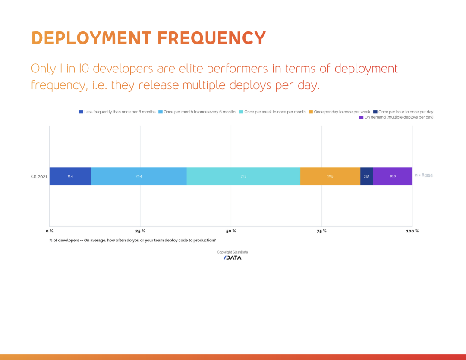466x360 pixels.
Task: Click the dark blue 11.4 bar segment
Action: point(70,176)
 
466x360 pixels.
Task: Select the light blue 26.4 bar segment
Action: point(139,176)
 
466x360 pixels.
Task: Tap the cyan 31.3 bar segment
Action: point(243,176)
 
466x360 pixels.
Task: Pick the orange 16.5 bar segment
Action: point(330,176)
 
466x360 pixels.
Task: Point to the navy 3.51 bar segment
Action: point(366,176)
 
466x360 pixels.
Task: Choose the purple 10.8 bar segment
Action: point(393,176)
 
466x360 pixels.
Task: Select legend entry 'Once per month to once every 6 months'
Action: point(200,112)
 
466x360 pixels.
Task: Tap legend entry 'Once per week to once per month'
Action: point(275,112)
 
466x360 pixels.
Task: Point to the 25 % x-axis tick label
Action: point(140,231)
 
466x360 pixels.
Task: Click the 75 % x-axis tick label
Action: point(321,231)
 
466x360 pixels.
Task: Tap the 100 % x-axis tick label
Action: point(412,231)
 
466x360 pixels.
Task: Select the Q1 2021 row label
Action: point(39,176)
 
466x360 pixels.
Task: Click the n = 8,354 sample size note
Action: point(424,175)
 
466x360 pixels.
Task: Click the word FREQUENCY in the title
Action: point(211,38)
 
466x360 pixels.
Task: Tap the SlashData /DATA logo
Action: point(232,258)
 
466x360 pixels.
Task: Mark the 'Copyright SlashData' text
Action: point(232,252)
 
